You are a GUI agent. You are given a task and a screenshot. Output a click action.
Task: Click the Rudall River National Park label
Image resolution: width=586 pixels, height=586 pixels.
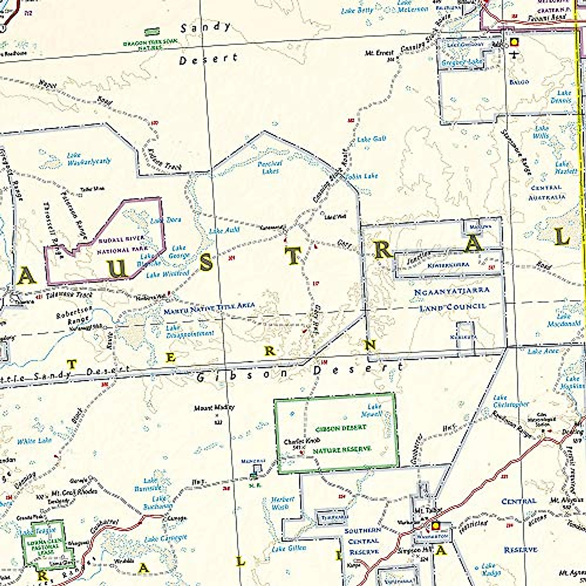click(121, 245)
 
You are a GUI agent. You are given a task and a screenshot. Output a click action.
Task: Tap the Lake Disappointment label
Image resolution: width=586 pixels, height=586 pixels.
click(189, 331)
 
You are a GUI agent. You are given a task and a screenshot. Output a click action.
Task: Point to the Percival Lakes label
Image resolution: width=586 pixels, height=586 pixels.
click(270, 167)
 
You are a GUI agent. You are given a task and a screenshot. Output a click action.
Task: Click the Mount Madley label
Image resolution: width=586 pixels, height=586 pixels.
click(214, 407)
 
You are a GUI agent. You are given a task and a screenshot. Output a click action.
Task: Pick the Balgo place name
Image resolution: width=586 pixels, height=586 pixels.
click(519, 82)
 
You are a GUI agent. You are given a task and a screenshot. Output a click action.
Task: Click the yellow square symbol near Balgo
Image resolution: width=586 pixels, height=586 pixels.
click(513, 42)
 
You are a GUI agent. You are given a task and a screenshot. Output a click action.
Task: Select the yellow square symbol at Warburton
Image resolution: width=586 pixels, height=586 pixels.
click(435, 526)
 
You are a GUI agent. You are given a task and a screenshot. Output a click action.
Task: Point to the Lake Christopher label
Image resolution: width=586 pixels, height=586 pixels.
click(511, 401)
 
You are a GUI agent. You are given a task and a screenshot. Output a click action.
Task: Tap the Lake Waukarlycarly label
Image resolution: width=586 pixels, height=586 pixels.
click(89, 158)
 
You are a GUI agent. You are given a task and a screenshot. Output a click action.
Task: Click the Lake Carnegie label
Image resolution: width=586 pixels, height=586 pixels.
click(165, 539)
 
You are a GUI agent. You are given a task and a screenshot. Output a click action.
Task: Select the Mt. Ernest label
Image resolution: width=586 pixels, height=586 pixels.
click(379, 53)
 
